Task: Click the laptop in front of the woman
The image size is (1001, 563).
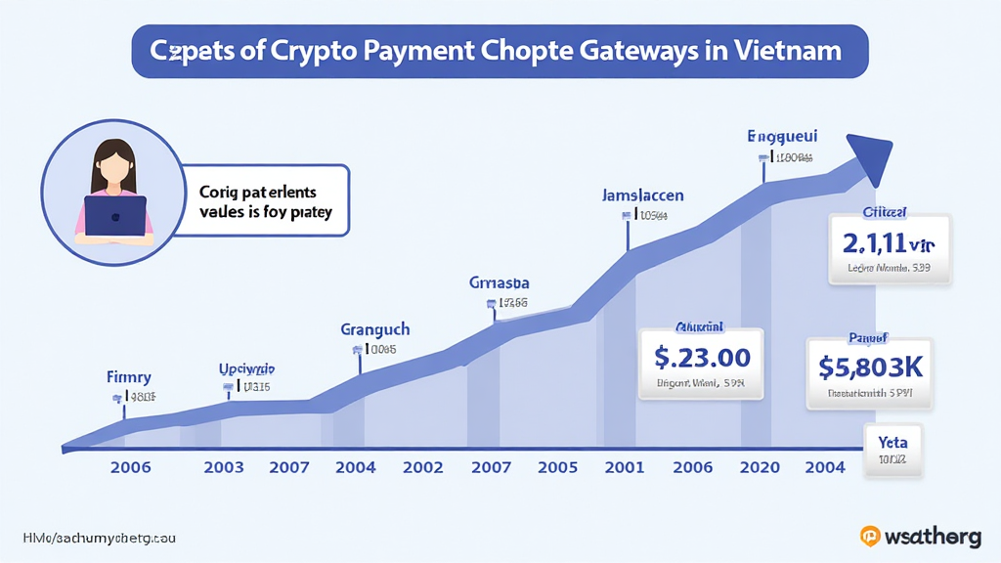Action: (114, 216)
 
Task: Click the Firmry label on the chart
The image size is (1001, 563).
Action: (128, 376)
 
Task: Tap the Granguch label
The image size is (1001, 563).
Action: (374, 329)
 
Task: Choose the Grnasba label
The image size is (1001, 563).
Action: (499, 283)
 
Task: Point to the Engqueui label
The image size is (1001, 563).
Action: (782, 136)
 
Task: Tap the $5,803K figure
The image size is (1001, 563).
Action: (870, 368)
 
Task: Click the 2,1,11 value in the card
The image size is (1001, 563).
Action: (889, 242)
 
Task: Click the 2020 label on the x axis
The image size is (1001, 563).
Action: (761, 467)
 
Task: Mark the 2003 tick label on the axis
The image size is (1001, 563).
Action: (224, 467)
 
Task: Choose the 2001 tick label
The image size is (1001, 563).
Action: (625, 467)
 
